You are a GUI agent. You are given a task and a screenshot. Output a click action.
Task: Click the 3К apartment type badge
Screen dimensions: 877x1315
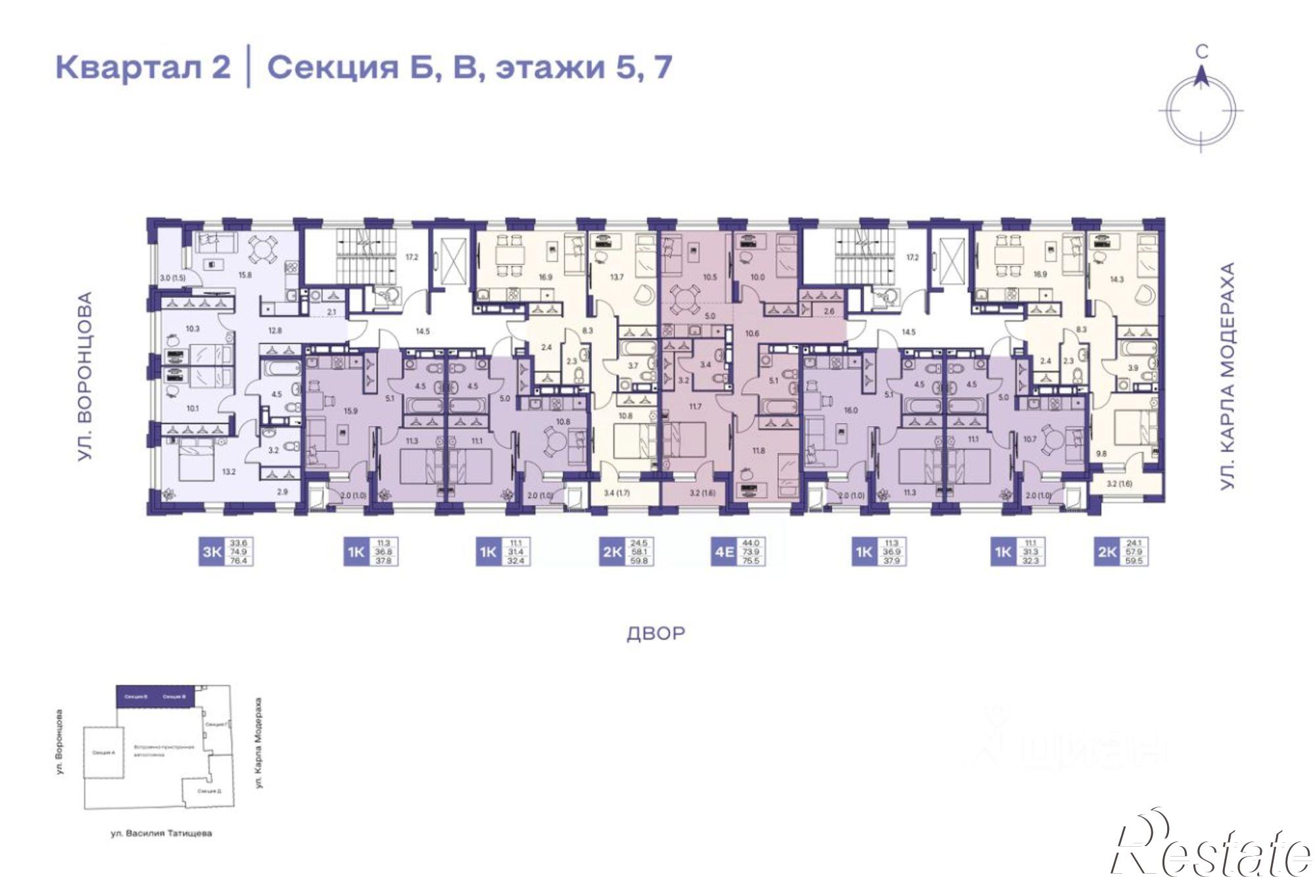(212, 552)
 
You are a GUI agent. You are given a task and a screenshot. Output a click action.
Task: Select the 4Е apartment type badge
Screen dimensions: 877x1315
(724, 552)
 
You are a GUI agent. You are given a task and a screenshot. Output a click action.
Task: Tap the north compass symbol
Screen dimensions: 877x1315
(1201, 108)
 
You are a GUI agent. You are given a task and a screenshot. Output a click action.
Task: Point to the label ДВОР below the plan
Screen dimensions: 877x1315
(656, 634)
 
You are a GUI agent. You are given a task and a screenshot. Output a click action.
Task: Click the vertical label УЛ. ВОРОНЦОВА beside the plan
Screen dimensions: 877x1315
(85, 377)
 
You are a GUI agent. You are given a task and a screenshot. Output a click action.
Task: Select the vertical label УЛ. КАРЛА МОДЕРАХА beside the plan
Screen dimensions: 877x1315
(1227, 375)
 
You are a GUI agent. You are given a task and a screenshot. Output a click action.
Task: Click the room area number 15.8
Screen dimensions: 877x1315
(245, 275)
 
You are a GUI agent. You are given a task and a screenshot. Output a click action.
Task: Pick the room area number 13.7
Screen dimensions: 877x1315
(616, 277)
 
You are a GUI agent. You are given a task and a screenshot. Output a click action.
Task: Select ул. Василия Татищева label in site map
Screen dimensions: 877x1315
(161, 834)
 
